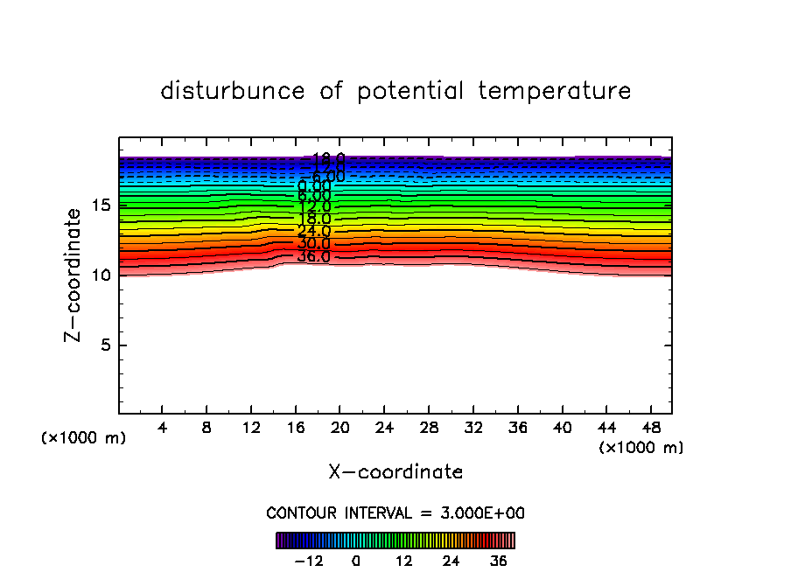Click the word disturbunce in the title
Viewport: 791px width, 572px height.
[234, 91]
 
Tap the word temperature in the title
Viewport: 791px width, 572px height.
[555, 91]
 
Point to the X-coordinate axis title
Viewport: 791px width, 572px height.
[395, 472]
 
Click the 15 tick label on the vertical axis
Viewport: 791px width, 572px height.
[100, 206]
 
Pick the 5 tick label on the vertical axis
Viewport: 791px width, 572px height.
[104, 345]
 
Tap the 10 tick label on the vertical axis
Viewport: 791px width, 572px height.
[100, 276]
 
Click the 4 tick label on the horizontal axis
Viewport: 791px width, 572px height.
[162, 429]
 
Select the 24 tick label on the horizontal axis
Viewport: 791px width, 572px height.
[383, 429]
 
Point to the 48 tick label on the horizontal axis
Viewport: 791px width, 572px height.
[649, 429]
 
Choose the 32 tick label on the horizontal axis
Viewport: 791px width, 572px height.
[472, 429]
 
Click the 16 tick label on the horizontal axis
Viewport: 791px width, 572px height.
[295, 429]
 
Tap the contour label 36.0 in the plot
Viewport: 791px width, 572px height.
[313, 256]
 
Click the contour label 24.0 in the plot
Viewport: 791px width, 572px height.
[313, 231]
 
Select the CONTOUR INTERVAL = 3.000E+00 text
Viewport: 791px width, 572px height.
[395, 513]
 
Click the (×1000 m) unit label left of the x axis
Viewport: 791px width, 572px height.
[84, 438]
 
